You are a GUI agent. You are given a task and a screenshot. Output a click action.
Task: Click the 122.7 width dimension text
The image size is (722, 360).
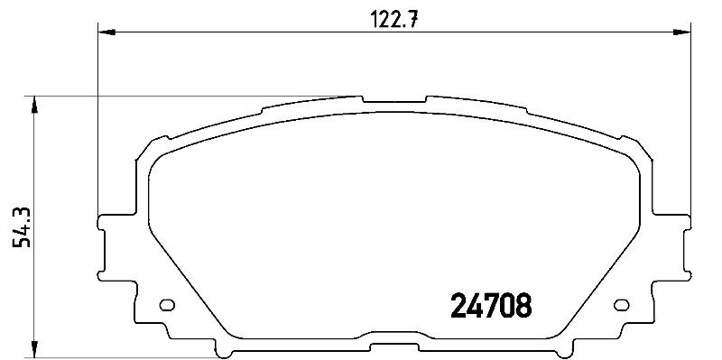pos(394,19)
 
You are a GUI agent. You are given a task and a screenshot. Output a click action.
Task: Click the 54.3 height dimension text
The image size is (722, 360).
pos(22,227)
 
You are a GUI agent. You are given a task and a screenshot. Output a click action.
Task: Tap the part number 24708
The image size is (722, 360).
pos(491,306)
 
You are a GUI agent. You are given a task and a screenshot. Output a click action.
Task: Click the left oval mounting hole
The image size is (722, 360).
pos(167,305)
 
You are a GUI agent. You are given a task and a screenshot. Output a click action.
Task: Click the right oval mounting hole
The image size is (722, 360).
pos(622,305)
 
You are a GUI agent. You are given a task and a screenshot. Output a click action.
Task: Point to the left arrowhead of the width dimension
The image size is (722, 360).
pos(106,32)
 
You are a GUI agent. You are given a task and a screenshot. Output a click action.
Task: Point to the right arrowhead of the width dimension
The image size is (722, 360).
pos(682,32)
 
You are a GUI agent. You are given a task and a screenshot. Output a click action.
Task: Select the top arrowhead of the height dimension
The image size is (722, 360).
pos(34,105)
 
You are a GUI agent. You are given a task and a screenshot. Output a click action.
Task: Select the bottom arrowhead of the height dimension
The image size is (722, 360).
pos(34,349)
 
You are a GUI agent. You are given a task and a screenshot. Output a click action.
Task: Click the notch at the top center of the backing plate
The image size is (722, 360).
pos(394,99)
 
